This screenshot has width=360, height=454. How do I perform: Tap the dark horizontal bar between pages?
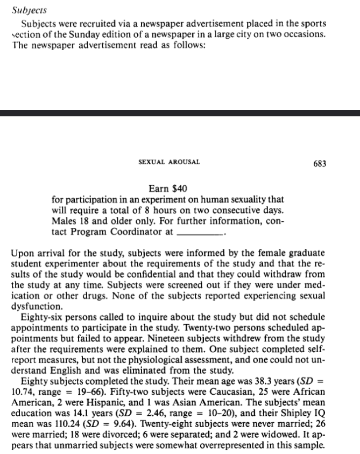180,113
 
